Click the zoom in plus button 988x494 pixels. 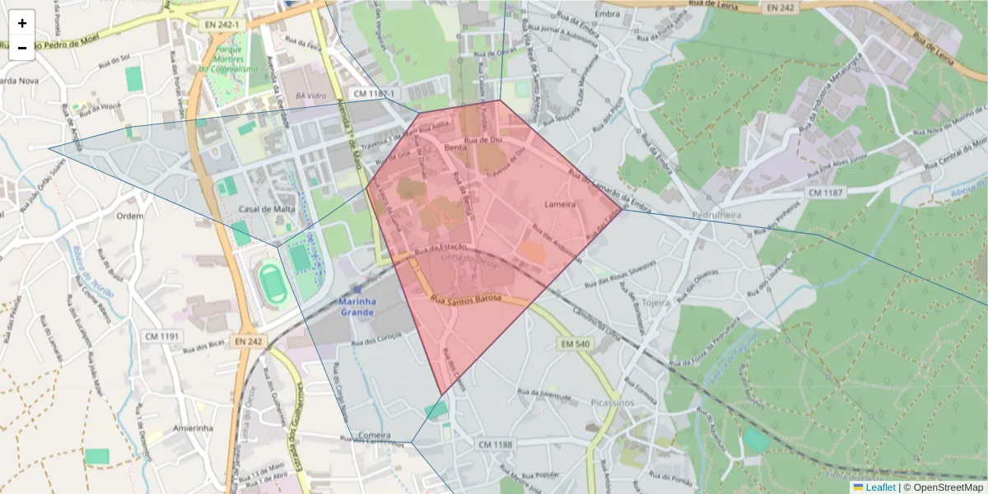(x=22, y=24)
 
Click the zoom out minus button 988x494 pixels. (x=22, y=48)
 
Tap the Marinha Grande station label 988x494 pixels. (x=357, y=306)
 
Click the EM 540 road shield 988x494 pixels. (x=578, y=343)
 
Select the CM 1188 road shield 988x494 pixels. (x=494, y=445)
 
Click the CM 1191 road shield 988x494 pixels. (x=161, y=336)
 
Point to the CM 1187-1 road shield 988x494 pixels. (x=375, y=94)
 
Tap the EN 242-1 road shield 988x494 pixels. (x=222, y=26)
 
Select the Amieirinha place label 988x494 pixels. (x=193, y=428)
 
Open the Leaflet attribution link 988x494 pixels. (x=880, y=487)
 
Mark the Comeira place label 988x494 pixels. (x=375, y=434)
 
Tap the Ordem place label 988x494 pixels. (x=130, y=216)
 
